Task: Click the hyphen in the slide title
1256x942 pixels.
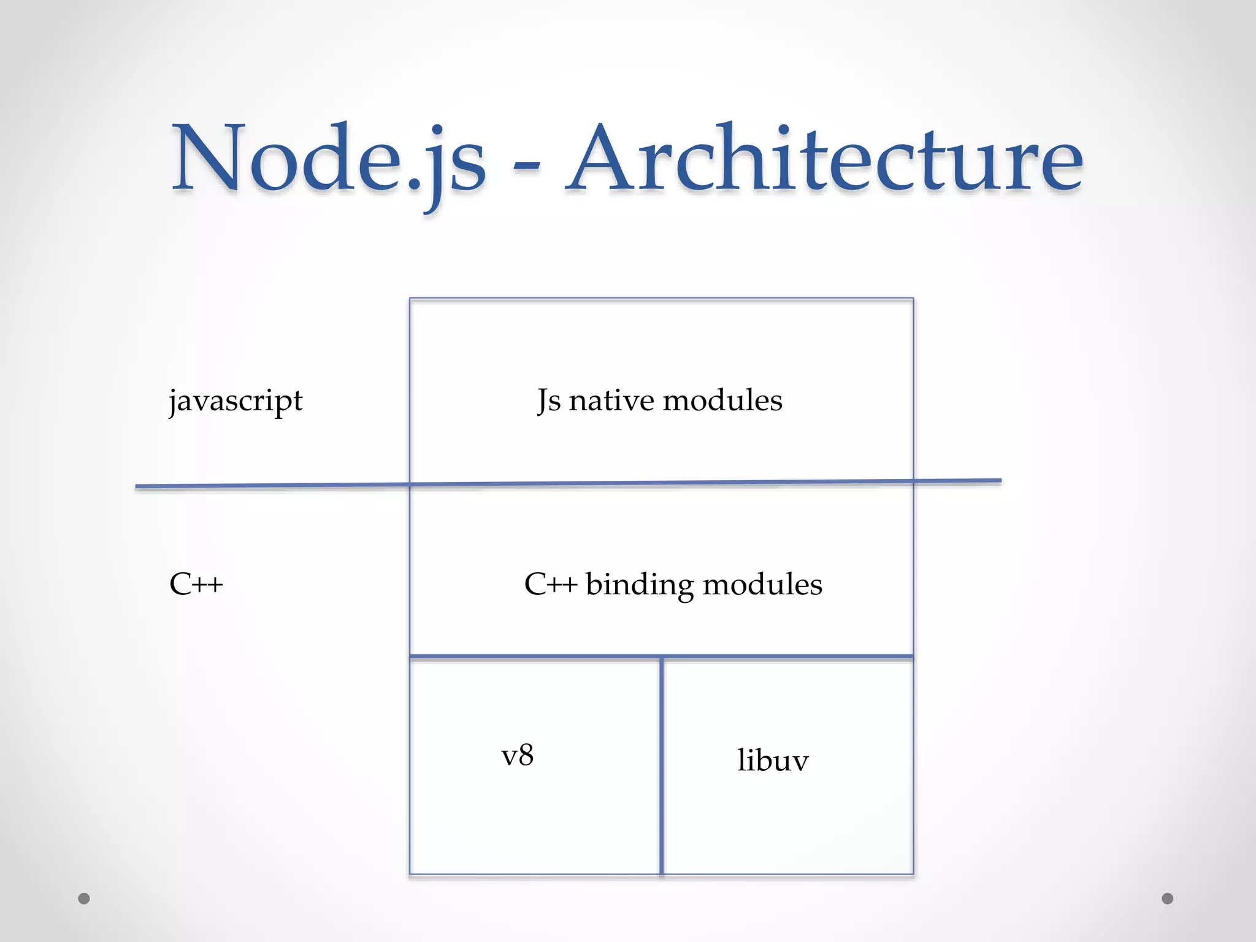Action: pos(526,164)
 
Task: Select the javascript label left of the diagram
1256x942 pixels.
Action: pos(235,402)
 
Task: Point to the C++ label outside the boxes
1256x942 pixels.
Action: pos(196,584)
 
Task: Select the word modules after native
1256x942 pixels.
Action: pos(722,400)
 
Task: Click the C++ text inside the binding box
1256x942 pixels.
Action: pos(550,584)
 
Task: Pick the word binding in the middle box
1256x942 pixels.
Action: pos(640,584)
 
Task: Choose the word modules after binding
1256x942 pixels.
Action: pos(762,584)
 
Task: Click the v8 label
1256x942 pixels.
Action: pos(517,756)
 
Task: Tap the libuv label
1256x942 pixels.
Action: pos(773,760)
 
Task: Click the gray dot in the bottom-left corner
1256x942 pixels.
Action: pos(84,898)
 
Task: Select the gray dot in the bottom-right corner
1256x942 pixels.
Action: pos(1168,898)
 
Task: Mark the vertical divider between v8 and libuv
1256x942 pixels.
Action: pos(662,767)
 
